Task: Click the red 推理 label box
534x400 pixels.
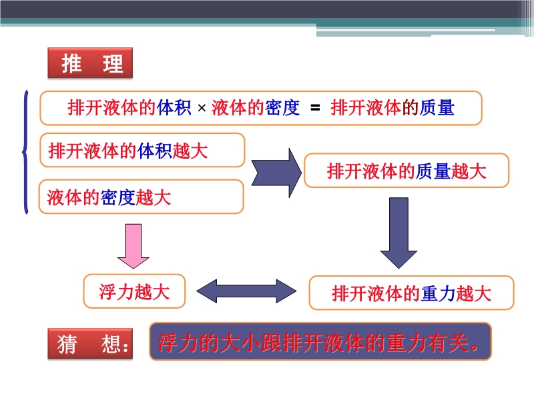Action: pos(90,64)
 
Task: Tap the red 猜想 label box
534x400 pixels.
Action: pos(90,344)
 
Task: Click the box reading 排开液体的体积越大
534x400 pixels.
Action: pos(142,151)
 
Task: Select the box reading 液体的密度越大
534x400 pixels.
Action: pos(142,197)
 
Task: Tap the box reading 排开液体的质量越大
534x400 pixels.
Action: pos(406,171)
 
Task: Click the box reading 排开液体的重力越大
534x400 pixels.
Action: pos(412,293)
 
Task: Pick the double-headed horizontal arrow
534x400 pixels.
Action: pos(247,291)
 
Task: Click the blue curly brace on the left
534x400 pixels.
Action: pos(26,153)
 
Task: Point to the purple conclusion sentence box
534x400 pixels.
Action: pos(320,342)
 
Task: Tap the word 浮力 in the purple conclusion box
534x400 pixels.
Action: pos(175,343)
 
